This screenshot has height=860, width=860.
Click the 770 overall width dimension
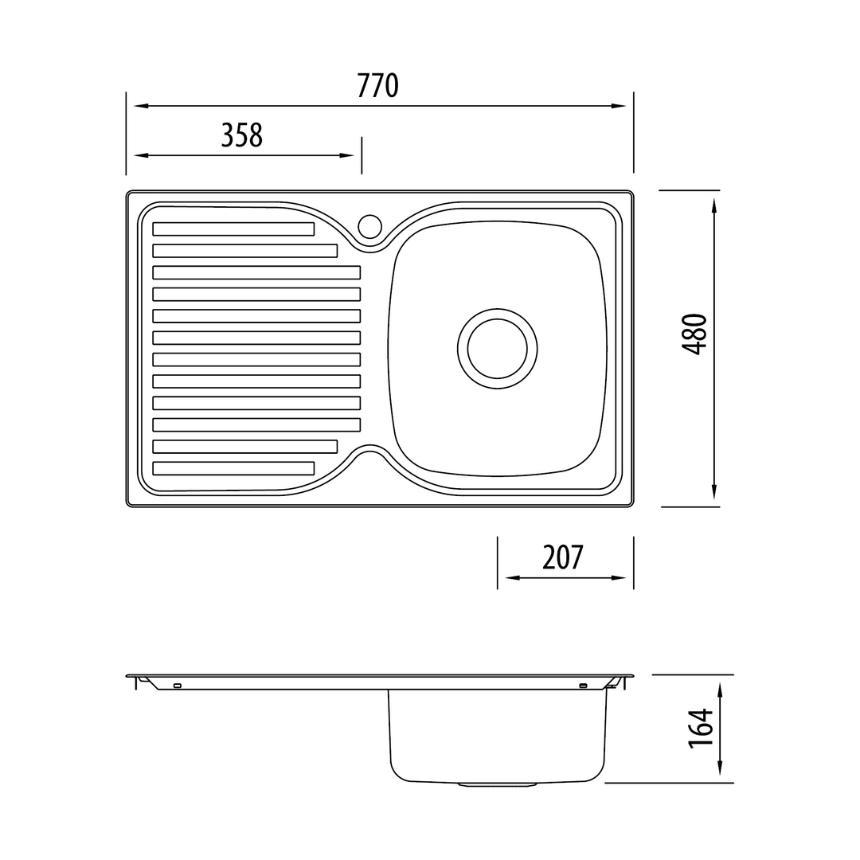[x=377, y=86]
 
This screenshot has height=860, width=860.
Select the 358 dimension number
[x=242, y=135]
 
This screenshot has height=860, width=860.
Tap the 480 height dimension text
[x=694, y=334]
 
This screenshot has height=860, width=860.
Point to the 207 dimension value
[x=563, y=557]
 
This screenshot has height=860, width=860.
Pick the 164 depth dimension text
[x=701, y=729]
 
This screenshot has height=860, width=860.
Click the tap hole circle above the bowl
[x=369, y=226]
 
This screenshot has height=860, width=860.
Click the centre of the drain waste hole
[x=498, y=349]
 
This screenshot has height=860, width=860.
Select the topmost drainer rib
[x=233, y=229]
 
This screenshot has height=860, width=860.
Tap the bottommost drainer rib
[x=233, y=468]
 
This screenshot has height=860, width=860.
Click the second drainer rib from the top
[x=245, y=251]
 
